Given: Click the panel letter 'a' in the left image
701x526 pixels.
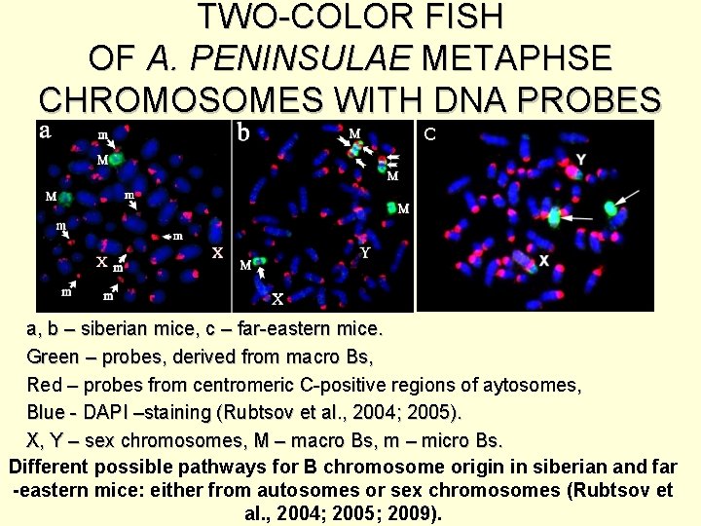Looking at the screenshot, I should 46,132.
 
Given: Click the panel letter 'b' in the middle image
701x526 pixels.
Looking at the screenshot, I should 244,133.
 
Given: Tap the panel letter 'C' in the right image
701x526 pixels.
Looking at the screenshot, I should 428,133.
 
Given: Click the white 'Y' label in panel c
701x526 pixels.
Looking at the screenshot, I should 581,159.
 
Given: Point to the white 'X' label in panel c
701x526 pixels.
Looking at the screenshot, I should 544,261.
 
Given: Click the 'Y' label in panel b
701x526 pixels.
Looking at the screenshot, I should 364,251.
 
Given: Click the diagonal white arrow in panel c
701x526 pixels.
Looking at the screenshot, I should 629,197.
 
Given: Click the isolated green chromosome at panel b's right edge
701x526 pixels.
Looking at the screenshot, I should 391,207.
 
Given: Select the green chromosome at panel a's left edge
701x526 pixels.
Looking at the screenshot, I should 66,198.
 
